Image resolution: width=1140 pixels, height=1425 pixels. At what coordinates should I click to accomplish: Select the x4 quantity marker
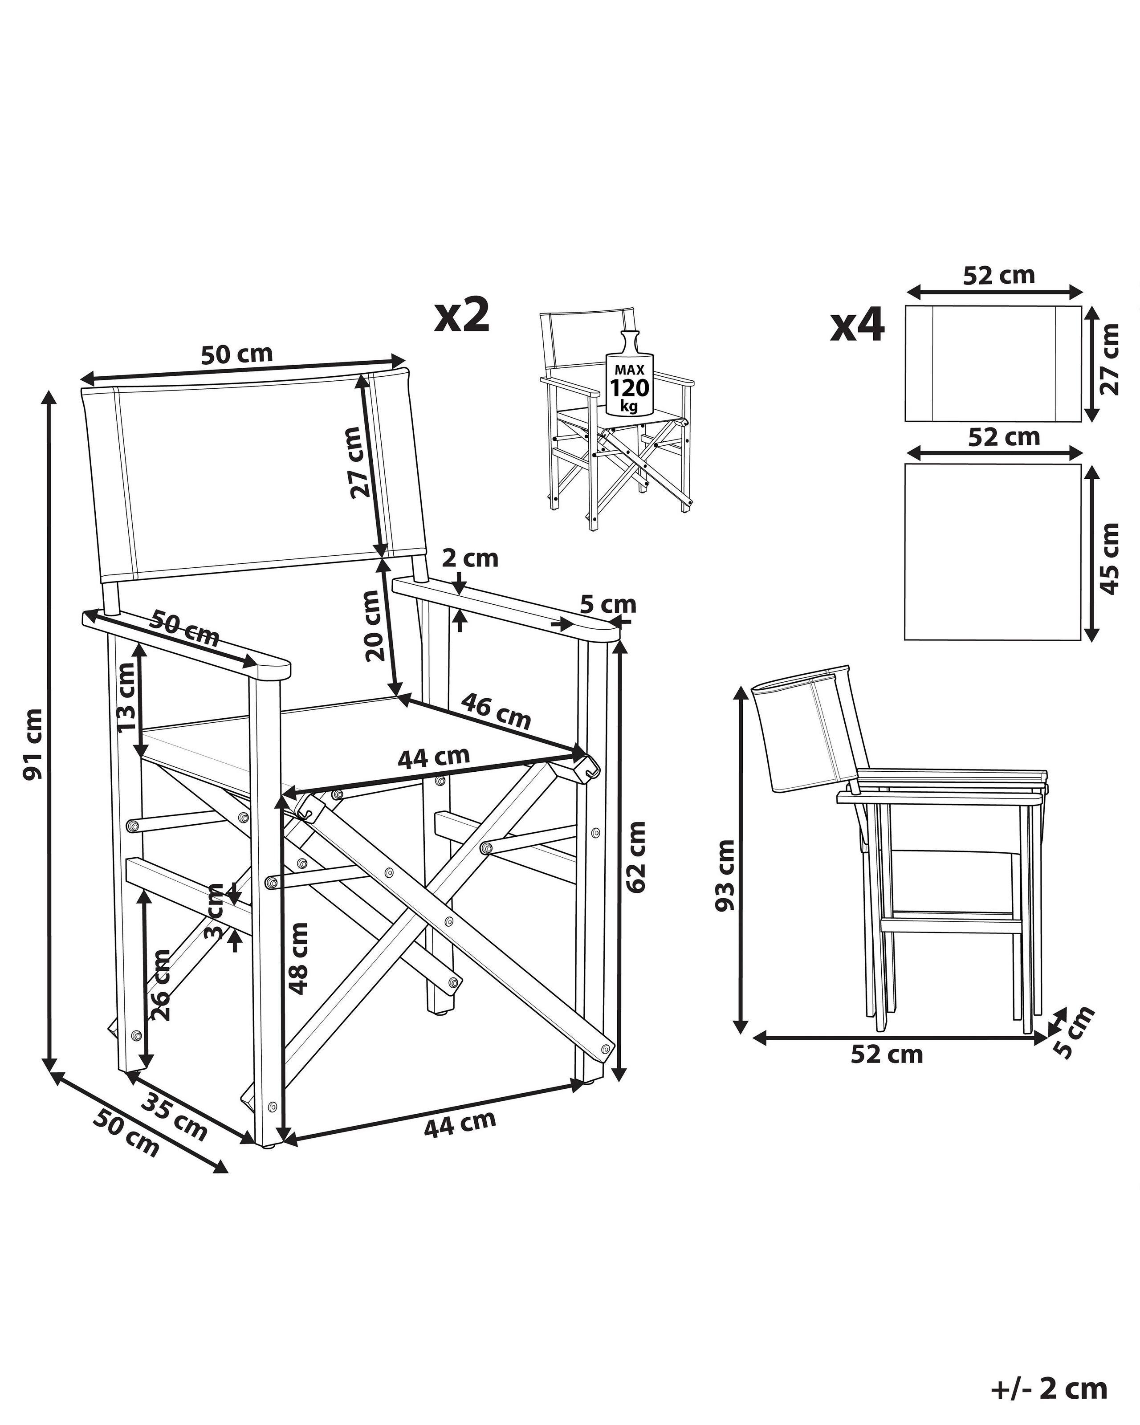[x=857, y=326]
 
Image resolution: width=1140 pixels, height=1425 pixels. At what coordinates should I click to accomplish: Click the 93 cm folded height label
[x=725, y=876]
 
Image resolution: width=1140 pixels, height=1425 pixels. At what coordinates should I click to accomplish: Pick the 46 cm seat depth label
[x=496, y=711]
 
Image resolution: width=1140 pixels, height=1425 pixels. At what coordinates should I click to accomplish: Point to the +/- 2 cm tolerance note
[x=1049, y=1388]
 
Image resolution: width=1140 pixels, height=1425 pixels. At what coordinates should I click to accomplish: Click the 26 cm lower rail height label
[x=161, y=985]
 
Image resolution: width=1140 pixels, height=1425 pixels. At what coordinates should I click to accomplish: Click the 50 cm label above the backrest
[x=236, y=355]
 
